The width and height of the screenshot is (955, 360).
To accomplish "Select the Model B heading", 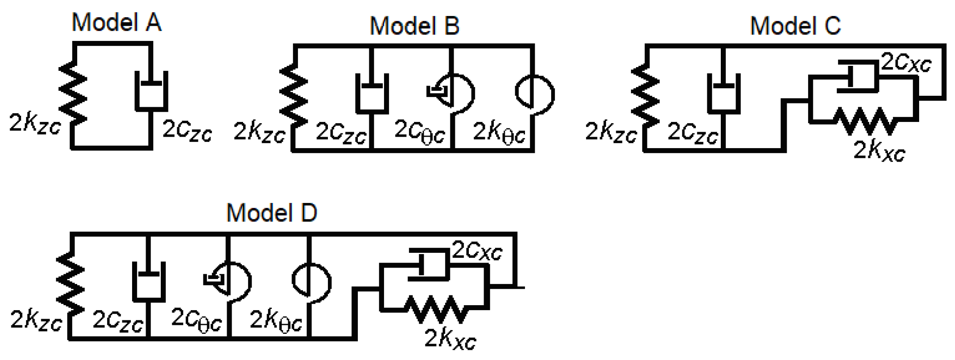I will pyautogui.click(x=414, y=26).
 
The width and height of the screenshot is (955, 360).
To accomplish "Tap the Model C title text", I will pyautogui.click(x=795, y=26).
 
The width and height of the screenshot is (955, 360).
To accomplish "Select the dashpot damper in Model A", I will pyautogui.click(x=151, y=91).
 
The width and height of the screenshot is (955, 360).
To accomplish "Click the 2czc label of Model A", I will pyautogui.click(x=187, y=130).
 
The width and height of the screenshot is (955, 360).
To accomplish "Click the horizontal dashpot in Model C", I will pyautogui.click(x=857, y=76).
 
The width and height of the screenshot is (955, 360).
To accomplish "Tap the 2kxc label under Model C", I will pyautogui.click(x=879, y=151).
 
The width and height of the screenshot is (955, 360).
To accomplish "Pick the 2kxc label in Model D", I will pyautogui.click(x=450, y=339).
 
